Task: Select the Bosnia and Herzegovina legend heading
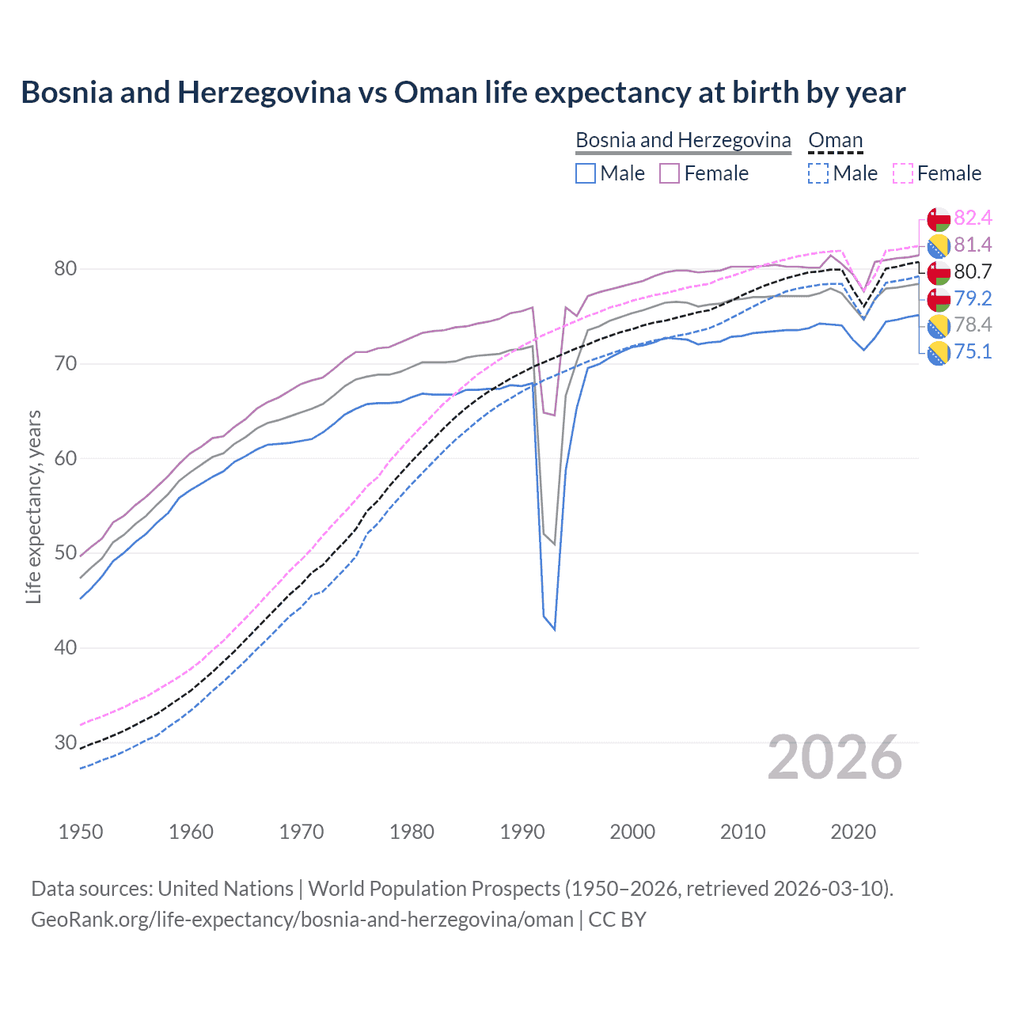pos(683,140)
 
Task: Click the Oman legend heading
pos(835,140)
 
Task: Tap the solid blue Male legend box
pos(586,173)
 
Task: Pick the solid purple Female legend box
pos(670,173)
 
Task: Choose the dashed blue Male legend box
pos(818,173)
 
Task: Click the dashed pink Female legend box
pos(903,173)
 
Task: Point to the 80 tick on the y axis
pos(65,269)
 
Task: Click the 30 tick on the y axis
pos(65,742)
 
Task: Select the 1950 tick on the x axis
pos(81,832)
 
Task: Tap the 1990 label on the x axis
pos(522,832)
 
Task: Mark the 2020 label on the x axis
pos(853,832)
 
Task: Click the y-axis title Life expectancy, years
pos(33,506)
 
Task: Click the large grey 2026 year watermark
pos(834,757)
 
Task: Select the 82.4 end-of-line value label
pos(973,218)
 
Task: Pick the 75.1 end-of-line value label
pos(973,351)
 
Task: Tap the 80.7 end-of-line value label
pos(973,271)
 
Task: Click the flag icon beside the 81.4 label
pos(939,245)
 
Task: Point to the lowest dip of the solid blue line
pos(555,630)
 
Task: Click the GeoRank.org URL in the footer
pos(302,920)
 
